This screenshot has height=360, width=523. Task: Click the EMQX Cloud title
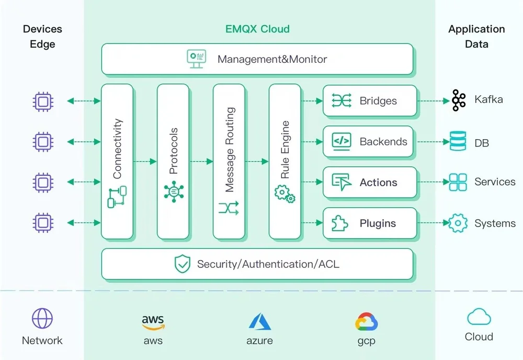click(257, 29)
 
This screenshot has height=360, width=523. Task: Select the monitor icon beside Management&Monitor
click(196, 59)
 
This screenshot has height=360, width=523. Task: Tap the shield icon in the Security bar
click(183, 264)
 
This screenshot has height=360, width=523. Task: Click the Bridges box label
click(378, 101)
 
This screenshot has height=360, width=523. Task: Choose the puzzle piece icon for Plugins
click(339, 223)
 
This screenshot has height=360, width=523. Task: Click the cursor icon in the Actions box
click(342, 182)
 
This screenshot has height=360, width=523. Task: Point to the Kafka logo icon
click(459, 100)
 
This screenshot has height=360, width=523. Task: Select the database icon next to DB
click(458, 141)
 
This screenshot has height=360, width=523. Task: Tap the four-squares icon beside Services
click(458, 182)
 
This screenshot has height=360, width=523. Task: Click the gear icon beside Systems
click(458, 223)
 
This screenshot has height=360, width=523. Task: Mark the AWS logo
click(153, 322)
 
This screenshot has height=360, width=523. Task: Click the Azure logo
click(260, 322)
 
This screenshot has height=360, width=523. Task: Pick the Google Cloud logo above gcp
click(366, 322)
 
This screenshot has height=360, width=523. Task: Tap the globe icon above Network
click(42, 318)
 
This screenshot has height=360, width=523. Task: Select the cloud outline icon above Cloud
click(479, 317)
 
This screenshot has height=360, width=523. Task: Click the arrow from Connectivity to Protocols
click(145, 162)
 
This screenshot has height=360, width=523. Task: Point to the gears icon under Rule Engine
click(285, 194)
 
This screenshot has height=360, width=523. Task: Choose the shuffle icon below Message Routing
click(229, 208)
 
